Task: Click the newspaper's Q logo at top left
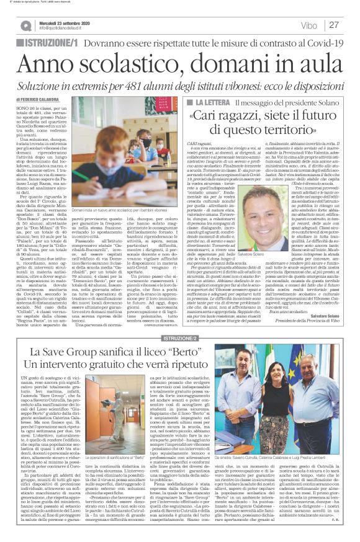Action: click(27, 25)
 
